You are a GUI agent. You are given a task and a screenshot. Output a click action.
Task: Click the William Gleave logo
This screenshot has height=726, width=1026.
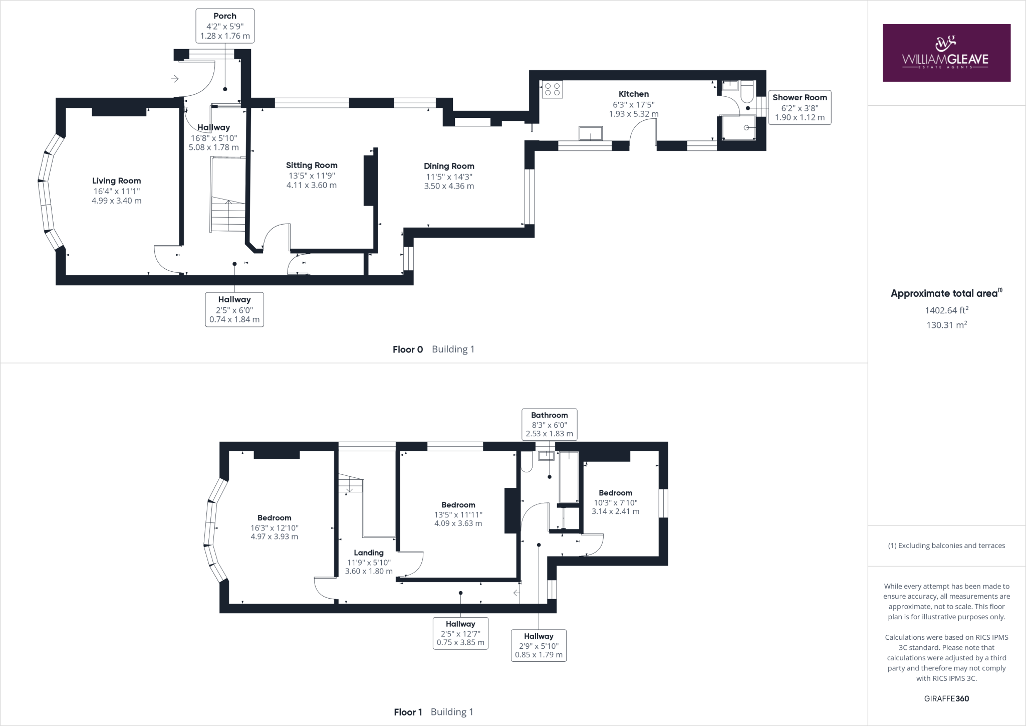coord(946,53)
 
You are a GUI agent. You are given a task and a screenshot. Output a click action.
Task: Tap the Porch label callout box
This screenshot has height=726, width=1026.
coord(225,26)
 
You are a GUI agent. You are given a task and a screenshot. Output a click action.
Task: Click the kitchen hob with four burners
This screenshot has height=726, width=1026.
coord(552,89)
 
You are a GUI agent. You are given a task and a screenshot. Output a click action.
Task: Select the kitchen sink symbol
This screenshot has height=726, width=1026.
coord(591,133)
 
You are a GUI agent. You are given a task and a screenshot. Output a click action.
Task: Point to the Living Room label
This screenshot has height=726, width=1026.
coord(116,181)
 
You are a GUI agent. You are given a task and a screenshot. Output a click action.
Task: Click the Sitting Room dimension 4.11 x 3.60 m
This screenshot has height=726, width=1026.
coord(311,185)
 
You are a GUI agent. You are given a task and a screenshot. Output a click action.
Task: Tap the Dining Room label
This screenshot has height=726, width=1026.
coord(448,166)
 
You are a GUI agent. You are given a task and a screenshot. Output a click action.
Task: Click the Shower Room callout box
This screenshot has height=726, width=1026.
coord(799,107)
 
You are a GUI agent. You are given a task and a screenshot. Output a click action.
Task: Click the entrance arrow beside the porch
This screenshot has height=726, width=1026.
coord(175,79)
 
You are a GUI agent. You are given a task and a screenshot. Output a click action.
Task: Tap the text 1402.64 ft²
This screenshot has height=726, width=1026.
coord(946,310)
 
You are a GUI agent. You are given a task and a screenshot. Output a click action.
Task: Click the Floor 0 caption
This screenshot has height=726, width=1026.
coord(408,349)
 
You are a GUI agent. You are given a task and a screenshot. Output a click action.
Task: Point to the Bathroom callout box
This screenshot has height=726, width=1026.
coord(549,424)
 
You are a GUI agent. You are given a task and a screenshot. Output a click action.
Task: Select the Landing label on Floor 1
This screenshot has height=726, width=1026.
coord(368,553)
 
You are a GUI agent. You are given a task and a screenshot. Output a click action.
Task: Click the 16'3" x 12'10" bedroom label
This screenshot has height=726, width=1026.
coord(274,527)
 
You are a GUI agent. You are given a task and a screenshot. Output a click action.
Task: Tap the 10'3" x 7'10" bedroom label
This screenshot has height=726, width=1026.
coord(615,502)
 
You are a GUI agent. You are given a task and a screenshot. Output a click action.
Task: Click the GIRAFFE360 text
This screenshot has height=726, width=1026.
coord(946,698)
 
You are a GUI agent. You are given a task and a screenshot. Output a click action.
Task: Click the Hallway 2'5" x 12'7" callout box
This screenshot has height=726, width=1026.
coord(460,633)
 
